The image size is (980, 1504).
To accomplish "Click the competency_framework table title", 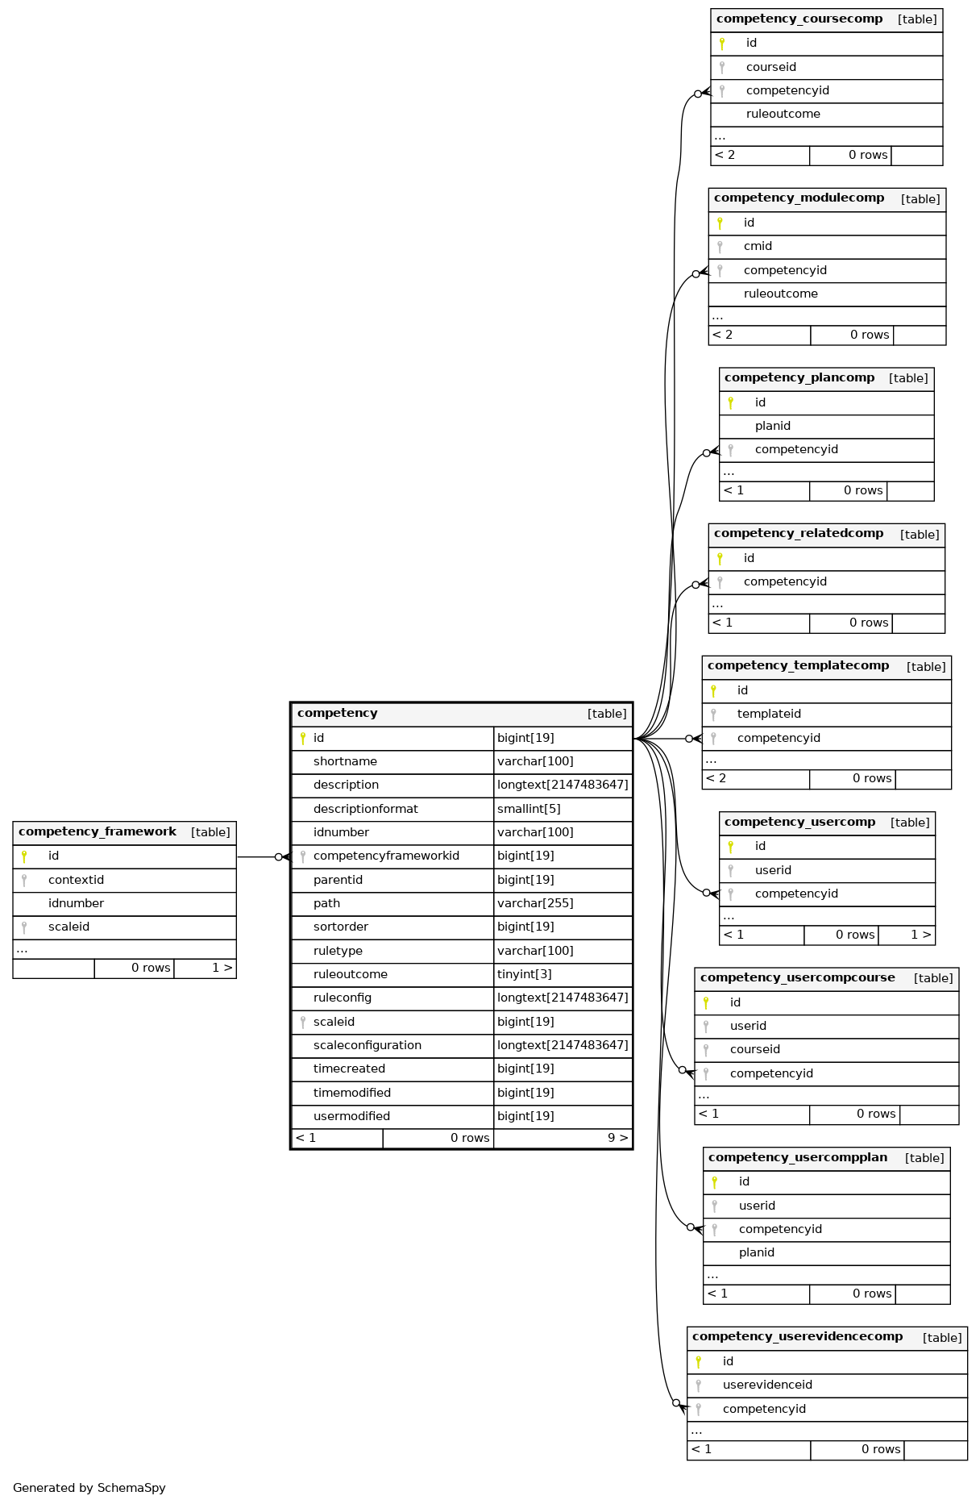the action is pos(98,831).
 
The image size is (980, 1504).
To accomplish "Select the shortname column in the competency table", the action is pos(345,761).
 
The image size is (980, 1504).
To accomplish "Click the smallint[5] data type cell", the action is pos(529,809).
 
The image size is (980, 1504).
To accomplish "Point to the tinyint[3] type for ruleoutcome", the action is pos(525,974).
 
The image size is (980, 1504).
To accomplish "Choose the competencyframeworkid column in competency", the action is pos(386,856).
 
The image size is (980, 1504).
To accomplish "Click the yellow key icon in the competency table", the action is pos(303,738).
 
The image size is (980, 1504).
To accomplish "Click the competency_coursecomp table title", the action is pos(799,19).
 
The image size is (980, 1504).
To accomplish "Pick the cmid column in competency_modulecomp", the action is pos(758,246).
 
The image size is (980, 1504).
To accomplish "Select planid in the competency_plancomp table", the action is pos(773,426).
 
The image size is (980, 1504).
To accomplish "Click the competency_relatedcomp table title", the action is pos(799,533).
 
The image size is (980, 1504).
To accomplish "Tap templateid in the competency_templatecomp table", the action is pos(769,714).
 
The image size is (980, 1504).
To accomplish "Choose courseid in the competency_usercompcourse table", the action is pos(755,1049).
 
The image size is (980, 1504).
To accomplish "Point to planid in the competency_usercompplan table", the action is pos(757,1252).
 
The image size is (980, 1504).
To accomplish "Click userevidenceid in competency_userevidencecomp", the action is pos(767,1385).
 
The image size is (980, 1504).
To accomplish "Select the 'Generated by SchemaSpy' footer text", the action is pos(89,1488).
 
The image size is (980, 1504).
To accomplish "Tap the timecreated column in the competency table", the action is pos(349,1069).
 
